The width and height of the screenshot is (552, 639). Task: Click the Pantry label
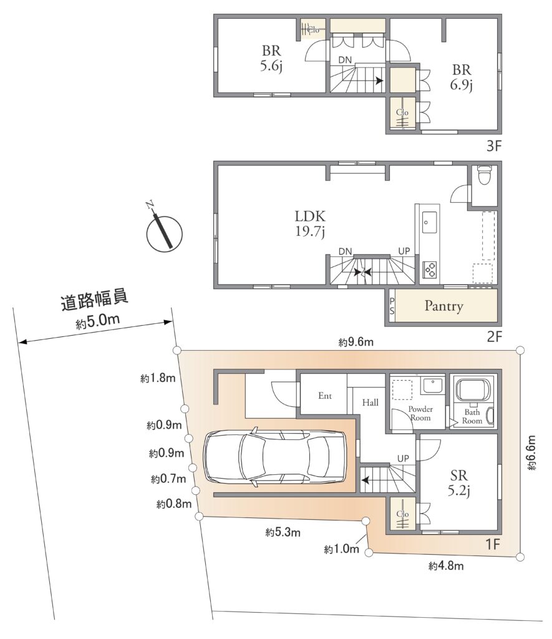(x=443, y=306)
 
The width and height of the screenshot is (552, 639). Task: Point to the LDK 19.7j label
(x=310, y=223)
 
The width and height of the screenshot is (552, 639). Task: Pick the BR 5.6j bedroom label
(x=271, y=58)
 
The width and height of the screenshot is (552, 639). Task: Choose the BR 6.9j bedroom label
(x=461, y=77)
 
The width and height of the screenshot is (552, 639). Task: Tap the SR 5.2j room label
(x=459, y=482)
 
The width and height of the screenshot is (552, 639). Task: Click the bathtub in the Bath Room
(x=473, y=389)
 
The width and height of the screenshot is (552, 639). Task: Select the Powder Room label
(x=420, y=413)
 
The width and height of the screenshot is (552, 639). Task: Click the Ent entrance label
(x=325, y=395)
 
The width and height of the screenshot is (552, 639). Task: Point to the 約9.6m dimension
(x=356, y=342)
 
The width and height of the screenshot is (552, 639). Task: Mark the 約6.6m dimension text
(x=532, y=452)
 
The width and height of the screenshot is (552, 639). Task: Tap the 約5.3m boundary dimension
(x=283, y=532)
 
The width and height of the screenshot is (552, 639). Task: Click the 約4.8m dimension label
(x=446, y=565)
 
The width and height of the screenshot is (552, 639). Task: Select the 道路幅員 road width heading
(x=95, y=300)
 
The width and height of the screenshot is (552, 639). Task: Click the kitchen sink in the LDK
(x=430, y=222)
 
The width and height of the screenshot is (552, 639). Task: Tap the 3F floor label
(x=493, y=146)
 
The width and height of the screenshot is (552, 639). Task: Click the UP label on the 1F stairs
(x=403, y=459)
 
